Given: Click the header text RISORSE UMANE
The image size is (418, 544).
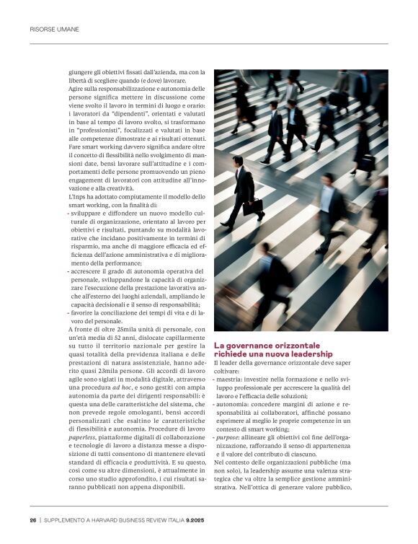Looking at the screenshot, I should tap(54, 30).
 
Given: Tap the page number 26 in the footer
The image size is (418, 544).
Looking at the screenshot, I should tap(32, 519).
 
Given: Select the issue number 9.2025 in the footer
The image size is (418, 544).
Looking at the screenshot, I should tap(196, 519).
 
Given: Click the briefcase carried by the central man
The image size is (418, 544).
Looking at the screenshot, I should tap(252, 207).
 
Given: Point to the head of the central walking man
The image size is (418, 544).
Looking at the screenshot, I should tap(238, 159).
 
